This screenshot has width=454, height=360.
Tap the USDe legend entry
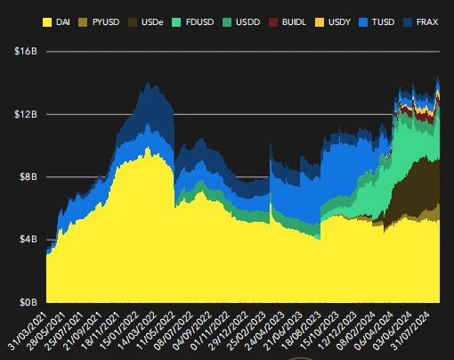click(165, 20)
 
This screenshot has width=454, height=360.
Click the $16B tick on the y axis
click(24, 52)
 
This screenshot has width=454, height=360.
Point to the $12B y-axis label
click(24, 114)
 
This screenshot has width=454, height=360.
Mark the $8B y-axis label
click(26, 176)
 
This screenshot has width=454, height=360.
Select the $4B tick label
click(26, 240)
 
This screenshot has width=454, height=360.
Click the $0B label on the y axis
click(26, 302)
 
